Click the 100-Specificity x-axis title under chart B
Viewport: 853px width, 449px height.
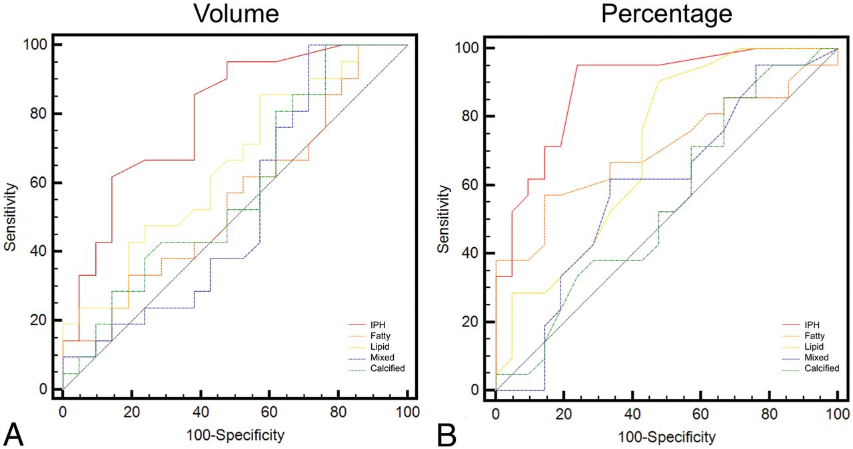[666, 437]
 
